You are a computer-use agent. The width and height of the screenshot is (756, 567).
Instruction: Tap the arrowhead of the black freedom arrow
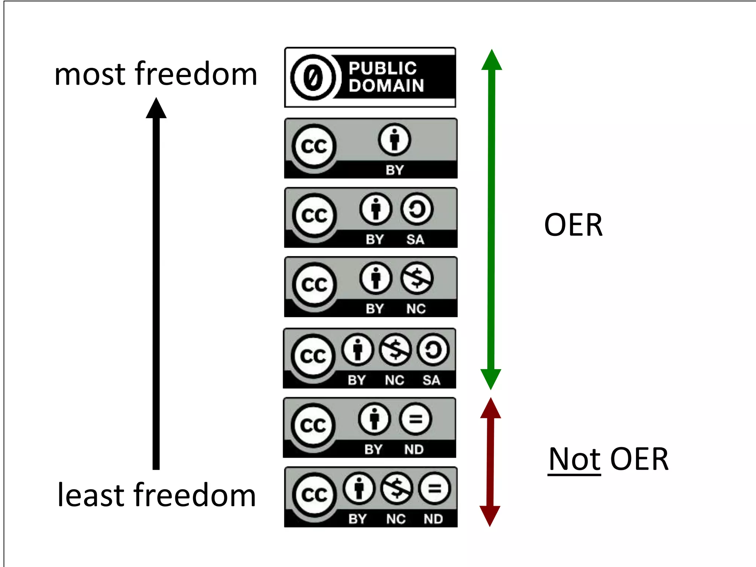pyautogui.click(x=156, y=109)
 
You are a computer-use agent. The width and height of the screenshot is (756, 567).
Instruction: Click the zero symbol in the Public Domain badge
pyautogui.click(x=313, y=78)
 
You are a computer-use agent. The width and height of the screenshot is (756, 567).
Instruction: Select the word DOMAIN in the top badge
pyautogui.click(x=386, y=86)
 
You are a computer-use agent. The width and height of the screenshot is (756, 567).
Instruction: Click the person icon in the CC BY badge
pyautogui.click(x=394, y=140)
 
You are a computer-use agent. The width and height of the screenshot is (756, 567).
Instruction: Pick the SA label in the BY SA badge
pyautogui.click(x=415, y=240)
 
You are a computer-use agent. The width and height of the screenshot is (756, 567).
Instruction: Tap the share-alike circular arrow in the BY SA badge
pyautogui.click(x=416, y=209)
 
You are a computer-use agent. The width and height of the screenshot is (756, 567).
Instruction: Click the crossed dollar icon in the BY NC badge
pyautogui.click(x=416, y=278)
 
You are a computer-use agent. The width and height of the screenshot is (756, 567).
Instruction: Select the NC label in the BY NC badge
pyautogui.click(x=416, y=309)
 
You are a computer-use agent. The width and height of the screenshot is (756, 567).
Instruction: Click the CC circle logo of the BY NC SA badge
pyautogui.click(x=313, y=356)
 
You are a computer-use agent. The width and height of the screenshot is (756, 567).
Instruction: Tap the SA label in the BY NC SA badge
pyautogui.click(x=431, y=380)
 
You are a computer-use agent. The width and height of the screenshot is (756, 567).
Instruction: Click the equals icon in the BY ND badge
pyautogui.click(x=415, y=419)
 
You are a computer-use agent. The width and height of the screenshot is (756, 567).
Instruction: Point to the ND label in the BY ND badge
pyautogui.click(x=414, y=450)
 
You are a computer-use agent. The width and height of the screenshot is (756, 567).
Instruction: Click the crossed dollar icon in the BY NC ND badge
pyautogui.click(x=396, y=489)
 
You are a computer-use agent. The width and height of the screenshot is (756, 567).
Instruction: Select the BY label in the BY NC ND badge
pyautogui.click(x=357, y=519)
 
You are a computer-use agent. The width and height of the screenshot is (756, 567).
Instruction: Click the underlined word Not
pyautogui.click(x=574, y=459)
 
